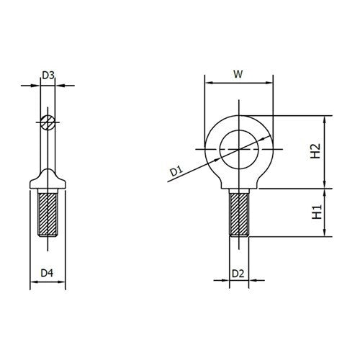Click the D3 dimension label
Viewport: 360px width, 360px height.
point(48,75)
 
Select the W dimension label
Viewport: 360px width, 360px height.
point(240,73)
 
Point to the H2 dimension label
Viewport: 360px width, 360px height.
point(314,151)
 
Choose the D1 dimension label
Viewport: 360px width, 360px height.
point(175,171)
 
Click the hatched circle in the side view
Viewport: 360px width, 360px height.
point(48,122)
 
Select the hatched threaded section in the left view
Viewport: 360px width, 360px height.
point(48,215)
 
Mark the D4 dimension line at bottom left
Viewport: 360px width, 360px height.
point(48,284)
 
